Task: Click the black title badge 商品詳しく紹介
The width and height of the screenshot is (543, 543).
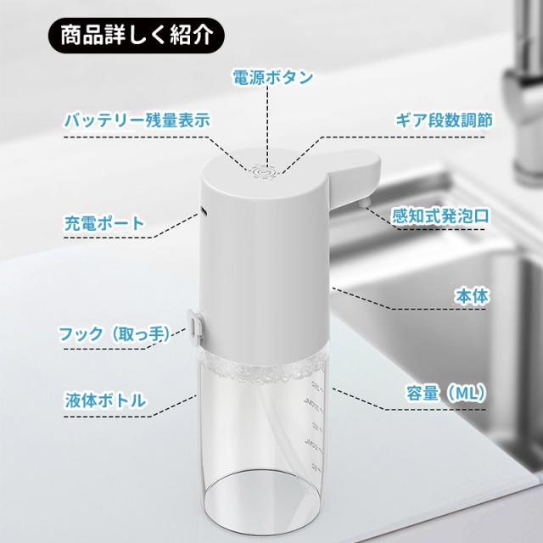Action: (x=137, y=36)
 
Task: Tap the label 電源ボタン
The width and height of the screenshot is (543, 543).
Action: (x=273, y=77)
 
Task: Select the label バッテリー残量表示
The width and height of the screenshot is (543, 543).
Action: (x=137, y=120)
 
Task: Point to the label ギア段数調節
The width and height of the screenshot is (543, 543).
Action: (x=445, y=120)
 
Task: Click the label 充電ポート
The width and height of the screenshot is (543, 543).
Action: (x=104, y=223)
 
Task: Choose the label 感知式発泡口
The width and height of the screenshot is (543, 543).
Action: (x=440, y=216)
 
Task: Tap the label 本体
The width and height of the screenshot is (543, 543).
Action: (x=472, y=296)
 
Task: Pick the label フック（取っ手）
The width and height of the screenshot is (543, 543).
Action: (x=115, y=333)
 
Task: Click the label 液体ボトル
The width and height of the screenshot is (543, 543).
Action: (x=105, y=400)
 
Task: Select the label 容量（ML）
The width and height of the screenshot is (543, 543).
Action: (x=446, y=393)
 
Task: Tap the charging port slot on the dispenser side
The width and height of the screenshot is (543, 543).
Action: (x=204, y=210)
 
